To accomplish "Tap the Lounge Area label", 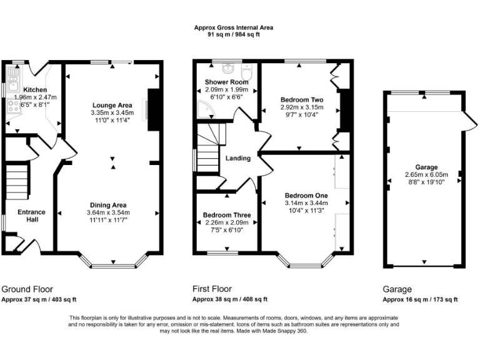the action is (x=112, y=104).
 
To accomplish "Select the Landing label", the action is (x=238, y=158).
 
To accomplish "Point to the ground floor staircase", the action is (x=17, y=177).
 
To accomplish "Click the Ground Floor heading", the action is (x=27, y=289).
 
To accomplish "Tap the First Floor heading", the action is (x=212, y=289).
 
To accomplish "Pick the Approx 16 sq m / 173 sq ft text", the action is (x=420, y=299).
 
